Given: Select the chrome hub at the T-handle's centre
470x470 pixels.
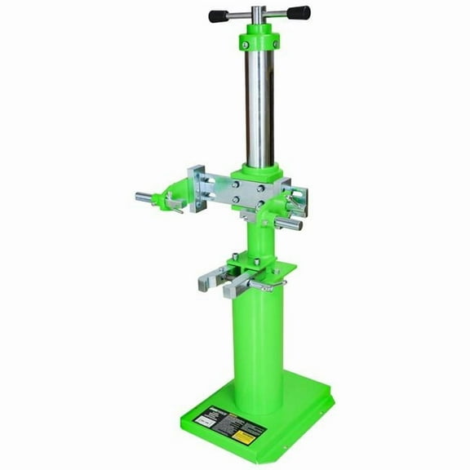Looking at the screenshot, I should click(258, 15).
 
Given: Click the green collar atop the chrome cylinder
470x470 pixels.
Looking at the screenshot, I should click(258, 40).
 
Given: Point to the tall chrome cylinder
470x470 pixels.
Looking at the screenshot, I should click(258, 106).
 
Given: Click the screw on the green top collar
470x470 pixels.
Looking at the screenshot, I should click(275, 42).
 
